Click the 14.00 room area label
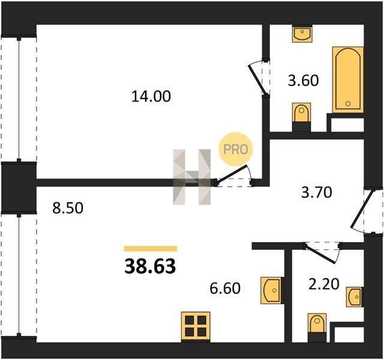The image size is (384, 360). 151,96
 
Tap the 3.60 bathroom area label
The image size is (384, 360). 303,80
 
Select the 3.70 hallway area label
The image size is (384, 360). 316,192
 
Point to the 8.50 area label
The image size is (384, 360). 68,208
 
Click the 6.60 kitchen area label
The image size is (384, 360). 225,288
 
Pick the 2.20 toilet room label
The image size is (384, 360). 324,284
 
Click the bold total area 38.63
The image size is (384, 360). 150,266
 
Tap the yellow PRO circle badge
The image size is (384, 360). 236,149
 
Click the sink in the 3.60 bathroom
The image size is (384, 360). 302,34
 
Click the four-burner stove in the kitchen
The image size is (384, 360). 196,326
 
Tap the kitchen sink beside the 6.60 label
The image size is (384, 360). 272,290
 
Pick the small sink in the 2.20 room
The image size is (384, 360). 355,297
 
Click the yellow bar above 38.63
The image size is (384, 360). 151,248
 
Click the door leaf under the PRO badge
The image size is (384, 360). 232,174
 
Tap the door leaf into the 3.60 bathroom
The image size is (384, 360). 257,79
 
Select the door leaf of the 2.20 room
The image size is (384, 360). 320,254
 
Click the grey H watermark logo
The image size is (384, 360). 192,177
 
